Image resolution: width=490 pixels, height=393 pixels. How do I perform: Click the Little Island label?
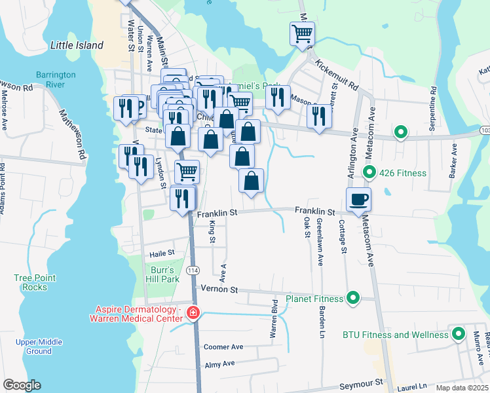[x=77, y=45]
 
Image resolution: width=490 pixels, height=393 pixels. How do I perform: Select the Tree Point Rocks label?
[x=31, y=282]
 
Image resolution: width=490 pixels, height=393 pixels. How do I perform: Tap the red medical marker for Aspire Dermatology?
[x=193, y=313]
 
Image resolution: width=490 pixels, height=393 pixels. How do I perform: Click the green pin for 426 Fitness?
[x=369, y=173]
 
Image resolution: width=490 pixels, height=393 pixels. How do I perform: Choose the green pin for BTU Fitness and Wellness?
[x=458, y=334]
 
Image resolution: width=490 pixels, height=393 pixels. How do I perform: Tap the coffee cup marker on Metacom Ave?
[x=358, y=199]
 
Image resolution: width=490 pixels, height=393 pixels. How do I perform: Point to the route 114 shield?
[x=193, y=271]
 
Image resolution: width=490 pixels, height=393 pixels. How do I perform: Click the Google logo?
[x=22, y=385]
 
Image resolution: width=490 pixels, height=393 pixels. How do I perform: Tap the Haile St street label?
[x=162, y=252]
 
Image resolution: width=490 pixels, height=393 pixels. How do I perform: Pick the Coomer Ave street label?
[x=223, y=346]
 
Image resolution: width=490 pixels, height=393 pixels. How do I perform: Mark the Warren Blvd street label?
[x=274, y=320]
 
